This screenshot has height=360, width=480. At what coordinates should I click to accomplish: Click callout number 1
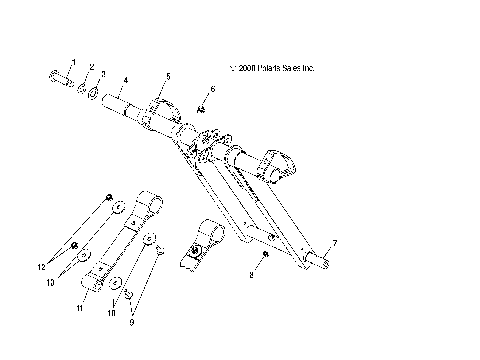click(71, 62)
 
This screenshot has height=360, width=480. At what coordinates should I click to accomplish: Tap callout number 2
click(92, 68)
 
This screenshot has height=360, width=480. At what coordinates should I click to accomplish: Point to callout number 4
click(125, 79)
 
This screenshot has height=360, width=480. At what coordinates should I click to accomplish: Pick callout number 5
click(168, 76)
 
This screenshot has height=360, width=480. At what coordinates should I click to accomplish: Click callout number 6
click(211, 89)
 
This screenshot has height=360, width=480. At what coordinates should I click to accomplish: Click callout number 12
click(41, 267)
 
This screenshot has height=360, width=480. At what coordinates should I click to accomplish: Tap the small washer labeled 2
click(82, 88)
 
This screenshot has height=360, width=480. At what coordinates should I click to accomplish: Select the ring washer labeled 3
click(93, 95)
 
